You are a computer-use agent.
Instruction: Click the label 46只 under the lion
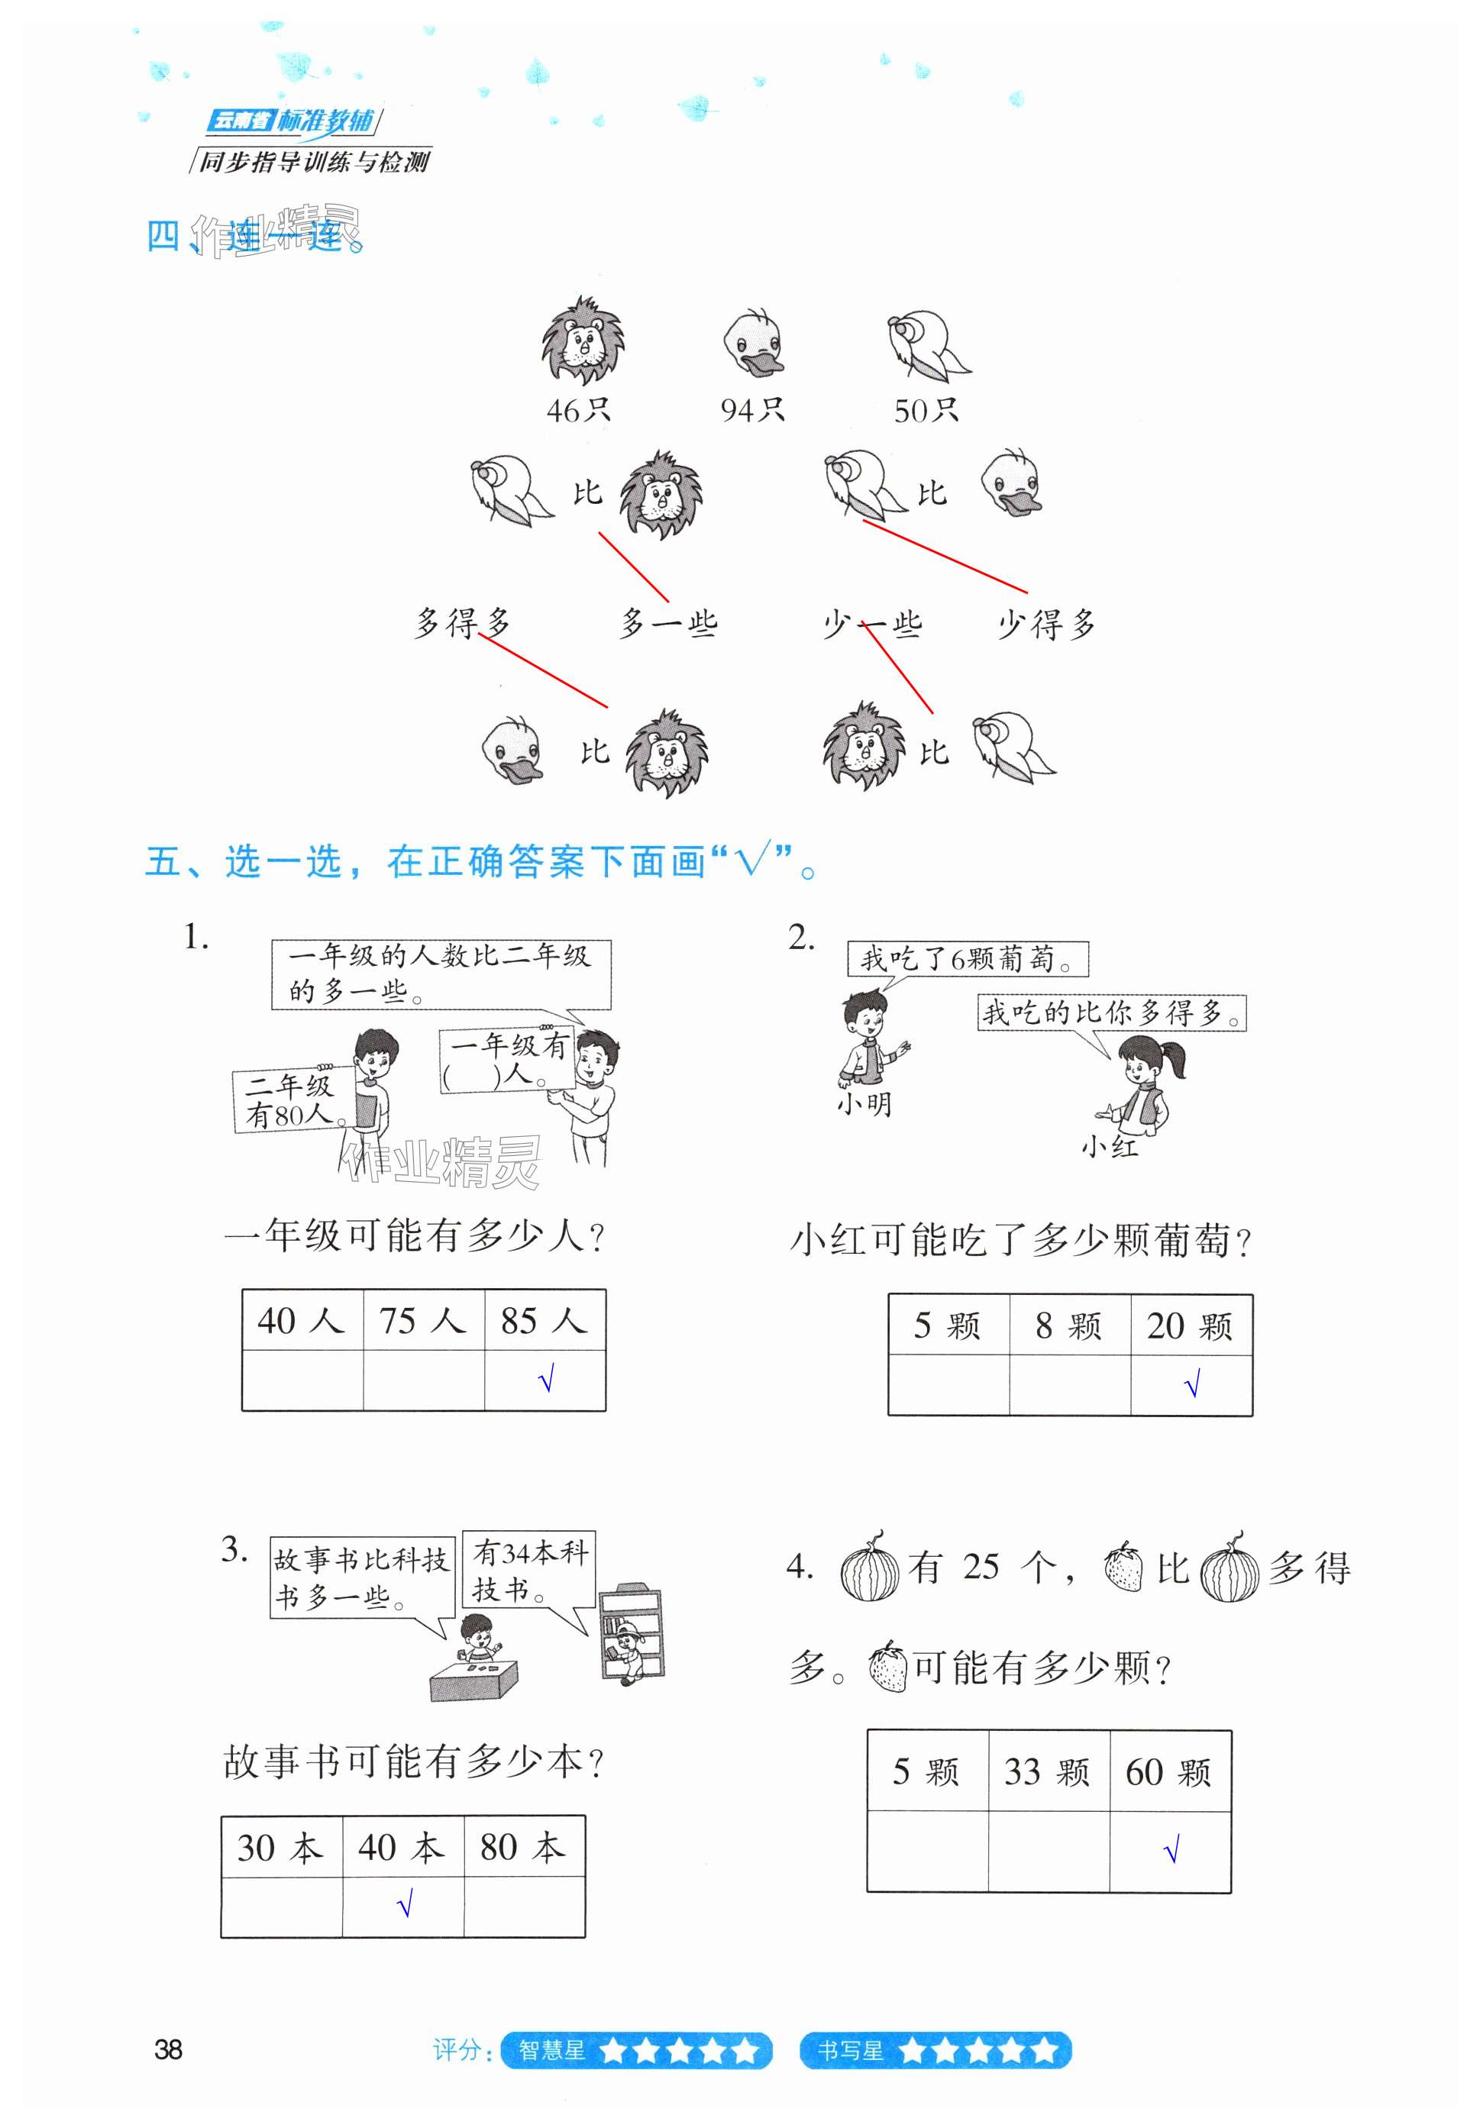577,410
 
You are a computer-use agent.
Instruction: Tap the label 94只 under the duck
751,410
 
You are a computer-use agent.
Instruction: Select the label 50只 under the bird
925,410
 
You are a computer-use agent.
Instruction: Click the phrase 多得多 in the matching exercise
461,623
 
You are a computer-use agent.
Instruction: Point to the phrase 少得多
1046,625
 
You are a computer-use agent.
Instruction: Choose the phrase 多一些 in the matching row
668,624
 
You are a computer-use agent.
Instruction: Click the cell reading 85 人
544,1321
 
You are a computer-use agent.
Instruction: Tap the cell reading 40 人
301,1321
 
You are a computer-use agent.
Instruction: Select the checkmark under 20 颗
1192,1384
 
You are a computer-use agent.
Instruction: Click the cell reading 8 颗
1068,1326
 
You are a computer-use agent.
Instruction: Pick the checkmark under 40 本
404,1906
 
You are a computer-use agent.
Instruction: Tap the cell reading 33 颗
1047,1772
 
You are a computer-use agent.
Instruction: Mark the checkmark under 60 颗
1171,1852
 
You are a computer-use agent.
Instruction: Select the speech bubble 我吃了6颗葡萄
968,958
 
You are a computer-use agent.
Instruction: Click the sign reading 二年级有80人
290,1100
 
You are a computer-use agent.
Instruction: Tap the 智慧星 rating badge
635,2050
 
